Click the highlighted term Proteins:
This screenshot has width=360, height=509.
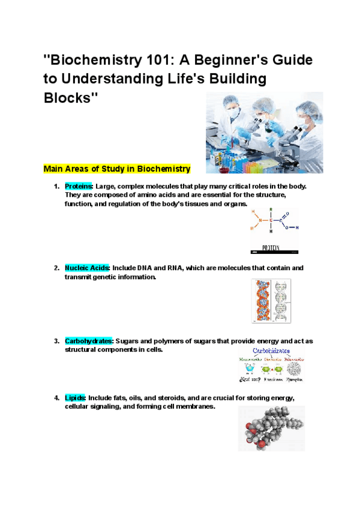pyautogui.click(x=79, y=186)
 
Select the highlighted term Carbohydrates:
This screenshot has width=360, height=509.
pyautogui.click(x=89, y=341)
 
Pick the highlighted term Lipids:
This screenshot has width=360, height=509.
pyautogui.click(x=76, y=398)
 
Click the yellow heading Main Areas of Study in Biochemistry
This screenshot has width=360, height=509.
pyautogui.click(x=117, y=169)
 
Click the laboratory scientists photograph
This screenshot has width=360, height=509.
pyautogui.click(x=264, y=133)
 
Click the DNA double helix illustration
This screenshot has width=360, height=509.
pyautogui.click(x=271, y=301)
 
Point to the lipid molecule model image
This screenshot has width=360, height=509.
pyautogui.click(x=271, y=428)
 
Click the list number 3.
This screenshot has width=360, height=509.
pyautogui.click(x=56, y=341)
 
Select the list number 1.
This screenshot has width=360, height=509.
pyautogui.click(x=56, y=186)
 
